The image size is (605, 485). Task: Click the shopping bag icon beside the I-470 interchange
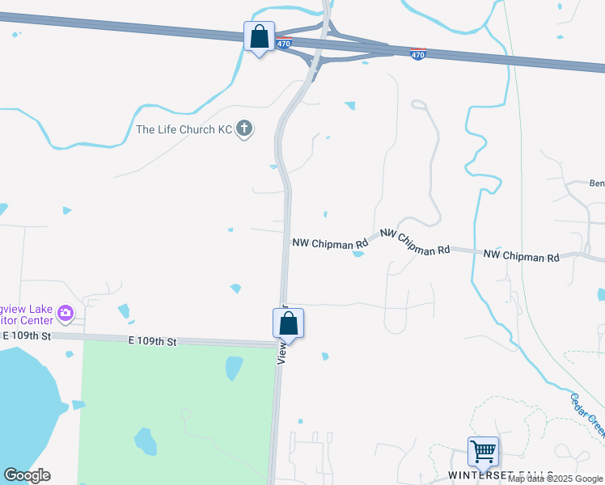(x=259, y=37)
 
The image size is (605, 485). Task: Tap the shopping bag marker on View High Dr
(x=288, y=324)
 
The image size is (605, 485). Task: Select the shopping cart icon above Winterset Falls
(x=483, y=451)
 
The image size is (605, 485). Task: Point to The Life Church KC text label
(x=184, y=130)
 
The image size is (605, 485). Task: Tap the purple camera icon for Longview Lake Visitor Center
(x=66, y=313)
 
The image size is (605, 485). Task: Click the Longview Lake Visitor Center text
(x=27, y=312)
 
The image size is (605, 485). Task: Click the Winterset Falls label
(x=501, y=475)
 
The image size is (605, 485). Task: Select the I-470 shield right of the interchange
(x=417, y=55)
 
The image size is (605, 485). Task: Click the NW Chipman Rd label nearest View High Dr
(x=329, y=242)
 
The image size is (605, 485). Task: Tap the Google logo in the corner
(x=27, y=475)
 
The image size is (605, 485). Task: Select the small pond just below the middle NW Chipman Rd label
(x=358, y=254)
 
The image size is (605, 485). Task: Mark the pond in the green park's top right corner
(x=233, y=368)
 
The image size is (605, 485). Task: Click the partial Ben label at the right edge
(x=597, y=183)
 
